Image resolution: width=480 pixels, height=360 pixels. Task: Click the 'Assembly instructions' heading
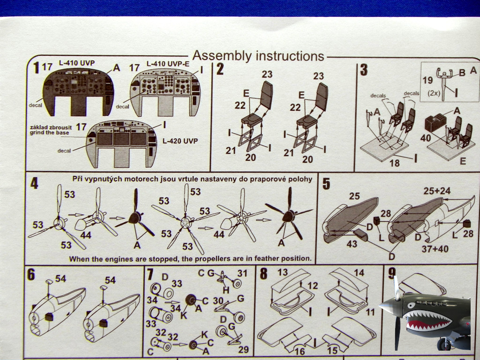258,56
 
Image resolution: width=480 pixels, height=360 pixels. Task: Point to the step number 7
150,275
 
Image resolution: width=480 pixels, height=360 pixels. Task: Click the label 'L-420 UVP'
180,141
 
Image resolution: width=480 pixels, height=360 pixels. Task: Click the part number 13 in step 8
282,273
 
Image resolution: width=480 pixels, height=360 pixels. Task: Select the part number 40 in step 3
425,138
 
